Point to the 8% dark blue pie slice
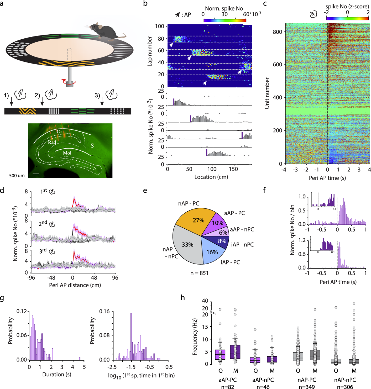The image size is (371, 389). (221, 241)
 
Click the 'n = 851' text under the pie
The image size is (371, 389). (199, 273)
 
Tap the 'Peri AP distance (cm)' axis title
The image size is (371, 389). (75, 285)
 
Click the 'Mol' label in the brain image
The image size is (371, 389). (67, 153)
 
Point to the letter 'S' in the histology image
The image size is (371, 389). (92, 146)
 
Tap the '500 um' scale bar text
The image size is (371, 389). (17, 175)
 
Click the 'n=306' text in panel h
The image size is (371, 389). (345, 387)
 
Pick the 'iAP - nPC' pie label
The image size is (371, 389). (242, 244)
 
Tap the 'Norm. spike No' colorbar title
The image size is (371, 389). (224, 9)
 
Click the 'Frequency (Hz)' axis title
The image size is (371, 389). (195, 337)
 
